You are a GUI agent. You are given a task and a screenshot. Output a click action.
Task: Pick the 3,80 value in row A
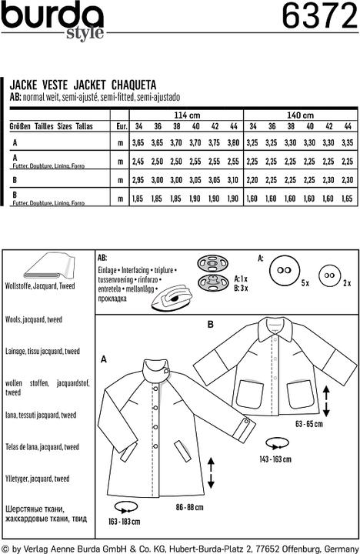click(x=232, y=143)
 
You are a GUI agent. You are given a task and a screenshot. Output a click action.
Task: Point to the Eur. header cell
click(x=120, y=126)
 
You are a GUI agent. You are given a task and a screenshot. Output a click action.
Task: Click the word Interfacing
click(x=135, y=272)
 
